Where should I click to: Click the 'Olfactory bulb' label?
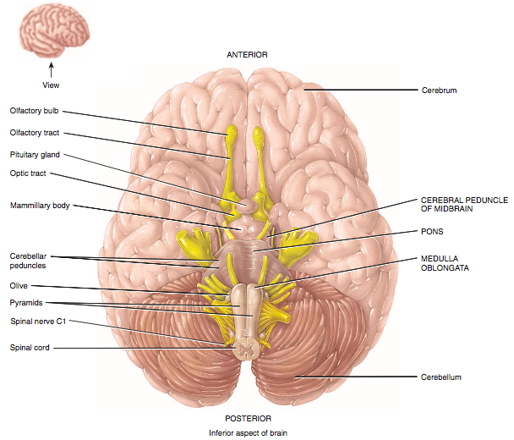[34, 110]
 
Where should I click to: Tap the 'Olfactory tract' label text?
[35, 133]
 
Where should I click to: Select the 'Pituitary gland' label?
[35, 155]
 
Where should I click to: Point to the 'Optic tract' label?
[28, 173]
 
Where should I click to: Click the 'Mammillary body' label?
[40, 205]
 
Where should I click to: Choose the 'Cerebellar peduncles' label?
[30, 260]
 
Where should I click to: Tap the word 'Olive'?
[19, 286]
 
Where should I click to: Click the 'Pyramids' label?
[25, 302]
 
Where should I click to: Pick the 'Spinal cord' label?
[30, 347]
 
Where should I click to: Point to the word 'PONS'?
[432, 230]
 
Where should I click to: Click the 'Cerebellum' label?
[441, 377]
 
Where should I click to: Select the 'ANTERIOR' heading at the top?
[247, 54]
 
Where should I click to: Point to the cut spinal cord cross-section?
[247, 347]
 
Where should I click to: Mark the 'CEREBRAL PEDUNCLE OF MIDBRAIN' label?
[463, 204]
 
